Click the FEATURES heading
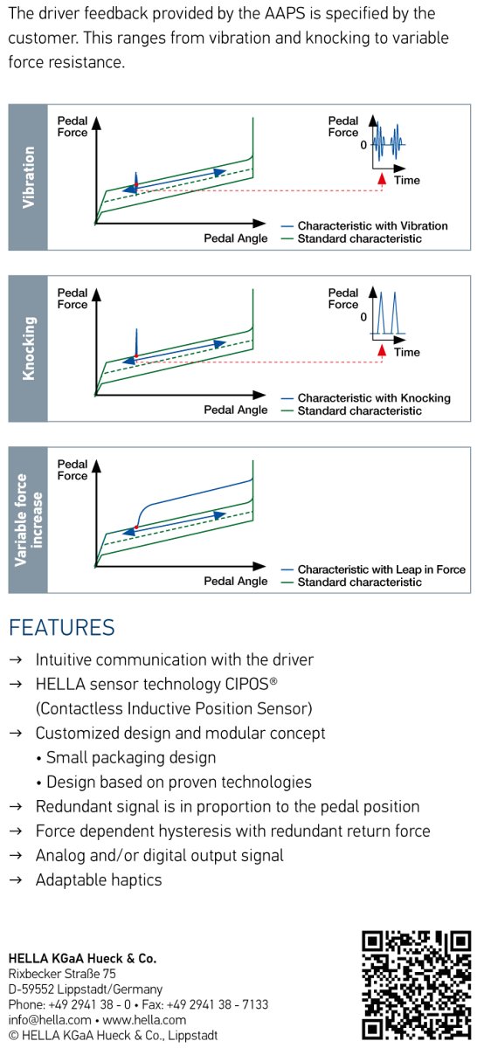62,627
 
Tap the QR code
416,985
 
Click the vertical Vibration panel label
29,177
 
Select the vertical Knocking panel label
29,348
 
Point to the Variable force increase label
29,520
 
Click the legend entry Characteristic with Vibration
372,226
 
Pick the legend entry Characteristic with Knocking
374,398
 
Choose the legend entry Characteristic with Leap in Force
382,569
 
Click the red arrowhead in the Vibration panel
383,178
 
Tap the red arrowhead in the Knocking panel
383,350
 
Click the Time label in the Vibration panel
407,180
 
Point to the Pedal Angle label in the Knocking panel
235,410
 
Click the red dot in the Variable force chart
136,527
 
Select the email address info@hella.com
50,1020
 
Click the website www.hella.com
144,1020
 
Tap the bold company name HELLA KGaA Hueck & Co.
82,959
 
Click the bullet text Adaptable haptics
99,880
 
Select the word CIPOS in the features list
247,685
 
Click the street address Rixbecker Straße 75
62,974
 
